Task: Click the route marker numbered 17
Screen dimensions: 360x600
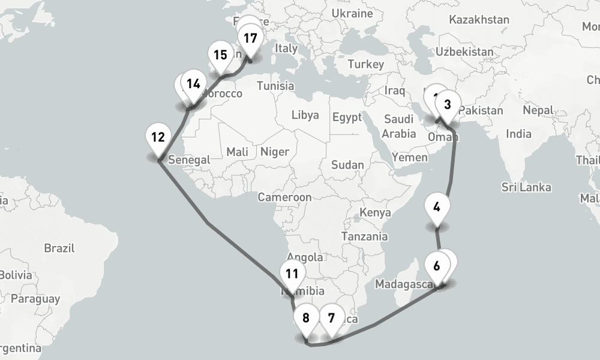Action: click(250, 38)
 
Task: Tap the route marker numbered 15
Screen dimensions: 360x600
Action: click(220, 55)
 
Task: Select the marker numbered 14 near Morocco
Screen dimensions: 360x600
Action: click(193, 84)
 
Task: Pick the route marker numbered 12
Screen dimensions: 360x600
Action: click(158, 137)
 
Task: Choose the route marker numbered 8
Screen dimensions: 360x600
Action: click(306, 318)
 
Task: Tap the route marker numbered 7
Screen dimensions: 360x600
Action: click(331, 318)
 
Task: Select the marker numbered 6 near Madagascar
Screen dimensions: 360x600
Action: click(436, 265)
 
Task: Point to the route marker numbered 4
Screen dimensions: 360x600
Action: click(436, 208)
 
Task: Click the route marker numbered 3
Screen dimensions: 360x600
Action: click(447, 104)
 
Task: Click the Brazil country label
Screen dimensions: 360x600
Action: click(59, 248)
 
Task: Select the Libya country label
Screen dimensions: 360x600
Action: click(305, 115)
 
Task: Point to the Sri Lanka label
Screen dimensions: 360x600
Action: click(526, 188)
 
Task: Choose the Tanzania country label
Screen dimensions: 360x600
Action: click(364, 236)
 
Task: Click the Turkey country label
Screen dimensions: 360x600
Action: click(365, 64)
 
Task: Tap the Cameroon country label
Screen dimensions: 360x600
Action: click(284, 197)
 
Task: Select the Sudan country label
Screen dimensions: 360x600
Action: click(347, 164)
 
